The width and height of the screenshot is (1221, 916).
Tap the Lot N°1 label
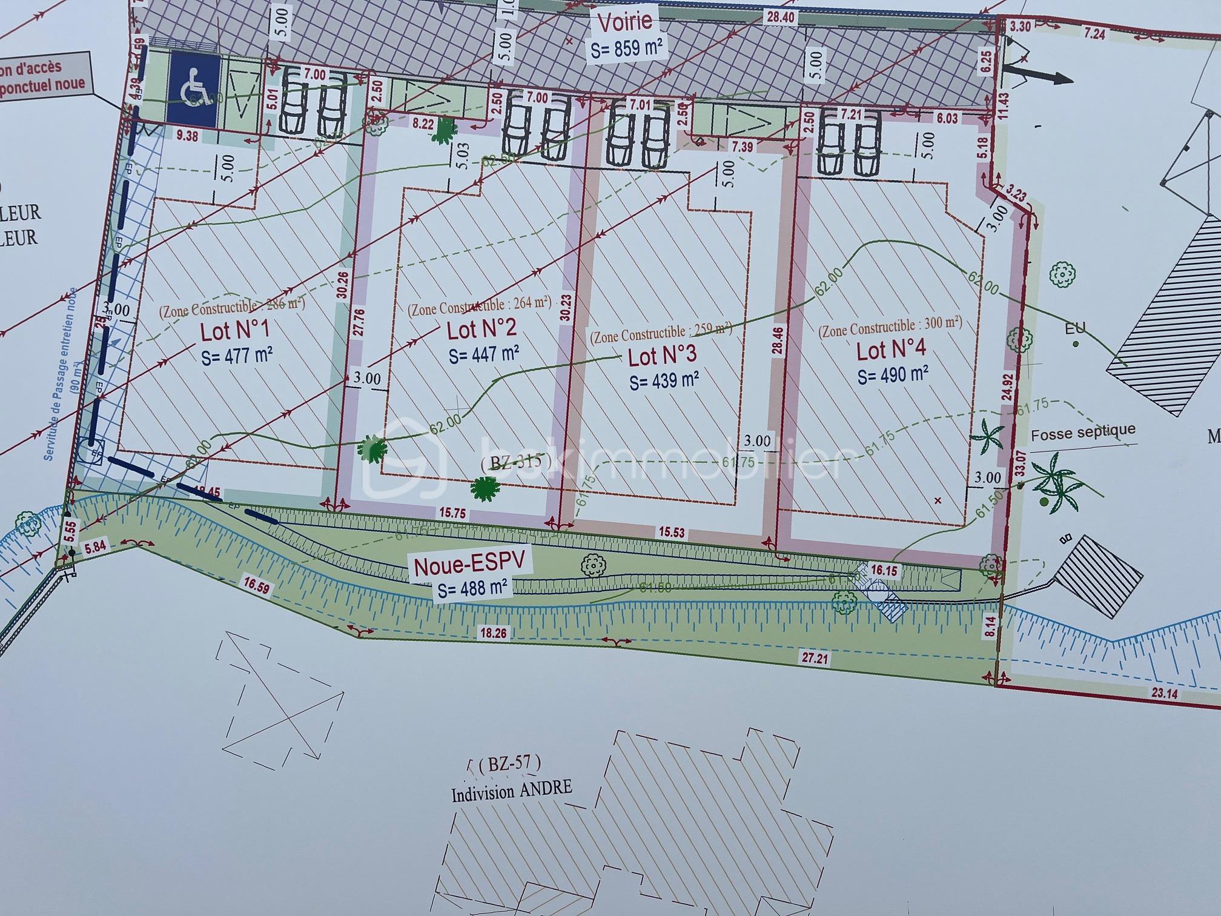[x=235, y=331]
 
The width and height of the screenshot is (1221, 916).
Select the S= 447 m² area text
[x=483, y=353]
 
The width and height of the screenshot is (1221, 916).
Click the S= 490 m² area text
[x=893, y=375]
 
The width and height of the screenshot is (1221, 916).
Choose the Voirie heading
[x=625, y=22]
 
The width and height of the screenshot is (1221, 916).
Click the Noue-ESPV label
[x=472, y=564]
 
